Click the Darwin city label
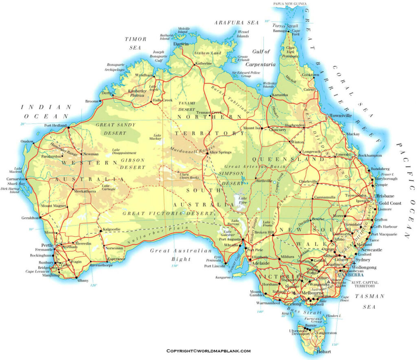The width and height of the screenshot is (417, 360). point(181,44)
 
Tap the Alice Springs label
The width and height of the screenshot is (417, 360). point(220,152)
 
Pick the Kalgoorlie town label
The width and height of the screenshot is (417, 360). point(112,229)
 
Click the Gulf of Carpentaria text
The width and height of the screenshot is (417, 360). point(261,58)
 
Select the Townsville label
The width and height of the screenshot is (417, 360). point(340,116)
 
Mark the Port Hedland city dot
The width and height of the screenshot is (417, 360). point(68,127)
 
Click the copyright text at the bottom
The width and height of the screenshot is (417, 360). point(208,351)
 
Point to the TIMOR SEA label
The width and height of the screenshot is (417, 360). point(136,43)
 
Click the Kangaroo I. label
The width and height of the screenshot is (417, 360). point(224,278)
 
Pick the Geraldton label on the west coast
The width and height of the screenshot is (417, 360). point(30,218)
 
